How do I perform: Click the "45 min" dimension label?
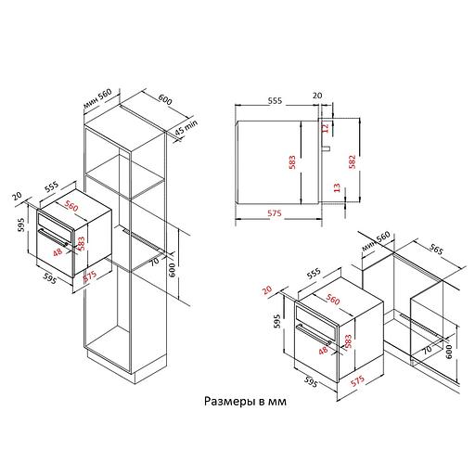(x=186, y=127)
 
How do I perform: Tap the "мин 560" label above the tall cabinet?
(x=97, y=98)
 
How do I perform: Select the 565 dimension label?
(x=436, y=250)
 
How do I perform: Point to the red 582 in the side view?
(x=352, y=161)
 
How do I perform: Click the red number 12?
(x=325, y=128)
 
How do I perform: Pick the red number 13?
(x=337, y=187)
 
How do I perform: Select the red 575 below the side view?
(x=275, y=213)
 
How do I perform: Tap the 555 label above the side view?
(x=275, y=100)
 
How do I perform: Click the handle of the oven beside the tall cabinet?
(x=53, y=237)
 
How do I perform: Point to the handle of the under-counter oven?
(x=314, y=335)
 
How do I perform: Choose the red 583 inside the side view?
(x=292, y=162)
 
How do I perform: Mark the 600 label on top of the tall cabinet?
(x=165, y=99)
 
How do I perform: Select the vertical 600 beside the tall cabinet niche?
(x=173, y=270)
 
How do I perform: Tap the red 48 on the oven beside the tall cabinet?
(x=58, y=252)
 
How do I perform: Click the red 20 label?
(x=267, y=289)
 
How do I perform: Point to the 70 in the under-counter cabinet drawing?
(x=427, y=350)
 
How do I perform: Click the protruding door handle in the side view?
(x=327, y=148)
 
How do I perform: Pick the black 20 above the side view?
(x=317, y=96)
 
